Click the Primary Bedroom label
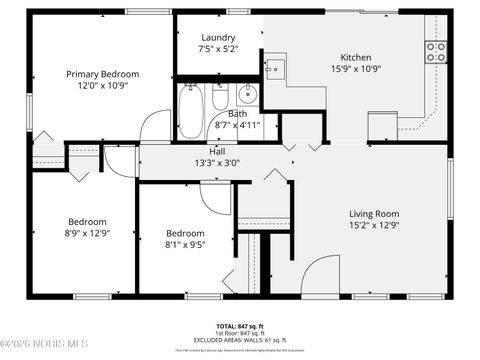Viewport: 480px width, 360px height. coord(102,74)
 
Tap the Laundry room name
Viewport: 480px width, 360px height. coord(218,37)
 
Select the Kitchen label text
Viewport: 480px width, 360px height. coord(356,57)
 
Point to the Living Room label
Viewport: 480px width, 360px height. coord(374,213)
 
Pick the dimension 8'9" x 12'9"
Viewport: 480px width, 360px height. coord(87,233)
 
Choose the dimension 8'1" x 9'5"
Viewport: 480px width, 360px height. coord(185,243)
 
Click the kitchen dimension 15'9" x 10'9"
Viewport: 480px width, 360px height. coord(356,69)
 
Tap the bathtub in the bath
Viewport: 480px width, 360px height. coord(191,111)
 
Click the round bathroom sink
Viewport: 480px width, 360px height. coord(247,97)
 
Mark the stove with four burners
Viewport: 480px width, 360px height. coord(435,52)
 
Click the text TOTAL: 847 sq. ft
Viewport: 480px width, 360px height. coord(240,326)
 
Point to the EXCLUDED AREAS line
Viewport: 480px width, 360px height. coord(240,340)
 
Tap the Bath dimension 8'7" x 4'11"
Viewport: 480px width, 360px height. coord(238,125)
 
